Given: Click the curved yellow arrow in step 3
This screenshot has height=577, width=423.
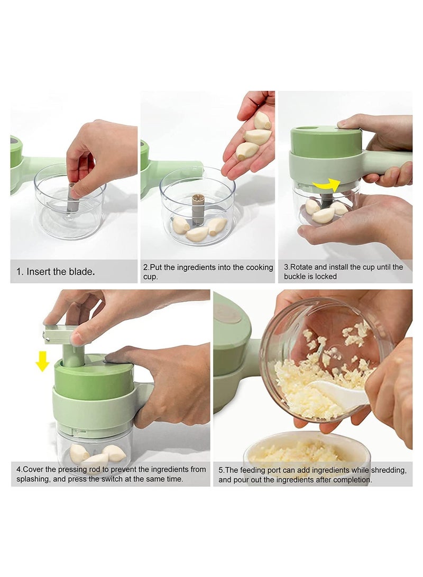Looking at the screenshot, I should [327, 185].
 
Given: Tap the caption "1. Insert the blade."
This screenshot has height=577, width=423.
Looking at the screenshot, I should [56, 272].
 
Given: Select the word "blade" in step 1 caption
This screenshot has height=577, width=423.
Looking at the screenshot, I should [82, 272].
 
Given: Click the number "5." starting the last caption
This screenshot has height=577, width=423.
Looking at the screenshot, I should [221, 470].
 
